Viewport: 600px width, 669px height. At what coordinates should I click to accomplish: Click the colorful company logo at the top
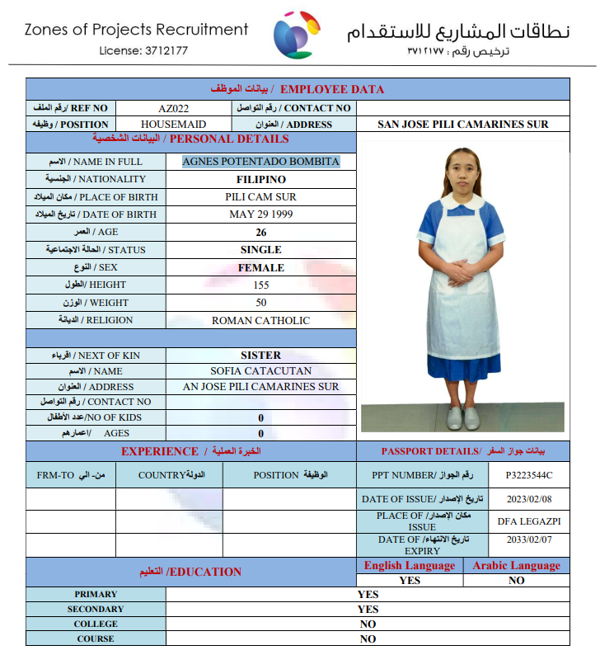pos(300,35)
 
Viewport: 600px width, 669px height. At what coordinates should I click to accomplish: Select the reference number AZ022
pos(174,108)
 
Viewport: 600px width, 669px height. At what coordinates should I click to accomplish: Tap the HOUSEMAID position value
pos(174,125)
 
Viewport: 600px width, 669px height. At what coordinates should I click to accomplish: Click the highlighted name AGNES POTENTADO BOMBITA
pos(260,162)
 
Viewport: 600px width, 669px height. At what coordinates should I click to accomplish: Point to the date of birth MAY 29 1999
pos(260,214)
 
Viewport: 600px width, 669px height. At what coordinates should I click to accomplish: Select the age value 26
pos(260,233)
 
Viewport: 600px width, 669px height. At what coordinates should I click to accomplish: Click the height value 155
pos(260,285)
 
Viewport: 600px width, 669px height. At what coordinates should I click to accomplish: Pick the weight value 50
pos(260,303)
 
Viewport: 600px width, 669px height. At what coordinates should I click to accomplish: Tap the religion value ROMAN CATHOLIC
pos(260,321)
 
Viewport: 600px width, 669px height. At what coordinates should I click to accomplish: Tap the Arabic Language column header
pos(516,566)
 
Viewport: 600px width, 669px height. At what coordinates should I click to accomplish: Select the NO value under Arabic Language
pos(516,580)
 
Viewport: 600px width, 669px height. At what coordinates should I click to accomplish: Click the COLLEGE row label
pos(96,624)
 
